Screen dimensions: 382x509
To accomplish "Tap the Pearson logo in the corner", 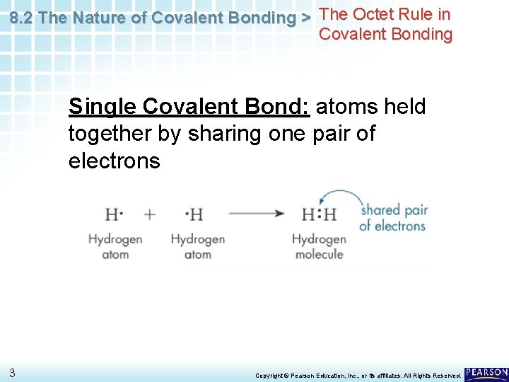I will [x=486, y=374].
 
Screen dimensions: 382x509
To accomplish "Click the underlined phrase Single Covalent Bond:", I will [x=189, y=107].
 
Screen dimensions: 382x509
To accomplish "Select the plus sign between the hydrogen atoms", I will [x=149, y=214].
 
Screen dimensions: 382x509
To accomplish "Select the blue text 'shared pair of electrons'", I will [x=392, y=218].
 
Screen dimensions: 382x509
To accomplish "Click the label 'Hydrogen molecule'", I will [x=319, y=247].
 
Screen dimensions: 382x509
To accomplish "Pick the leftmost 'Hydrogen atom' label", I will [x=115, y=247].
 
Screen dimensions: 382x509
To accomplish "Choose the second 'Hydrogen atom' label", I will [x=197, y=247].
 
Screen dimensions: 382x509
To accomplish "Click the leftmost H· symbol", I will [x=115, y=214].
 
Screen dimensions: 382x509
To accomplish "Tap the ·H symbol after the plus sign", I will [x=194, y=214].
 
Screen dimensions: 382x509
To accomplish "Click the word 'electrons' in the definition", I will [x=115, y=161].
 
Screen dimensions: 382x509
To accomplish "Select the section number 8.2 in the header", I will [x=23, y=18].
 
